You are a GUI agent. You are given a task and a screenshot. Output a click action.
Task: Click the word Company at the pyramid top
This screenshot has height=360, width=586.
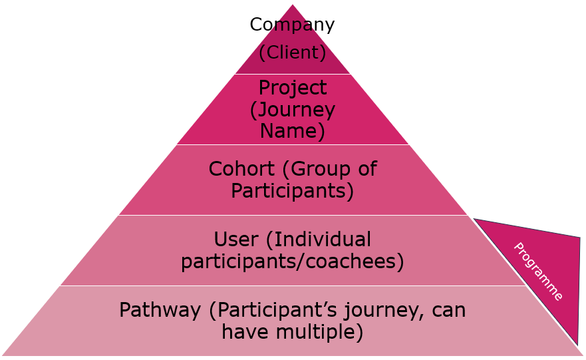[292, 25]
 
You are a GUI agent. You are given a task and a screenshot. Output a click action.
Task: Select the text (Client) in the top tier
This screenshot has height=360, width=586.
[292, 52]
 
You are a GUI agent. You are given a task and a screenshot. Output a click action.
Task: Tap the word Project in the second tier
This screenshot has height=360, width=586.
[292, 88]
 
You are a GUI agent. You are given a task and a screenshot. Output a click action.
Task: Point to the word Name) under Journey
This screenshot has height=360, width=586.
[292, 130]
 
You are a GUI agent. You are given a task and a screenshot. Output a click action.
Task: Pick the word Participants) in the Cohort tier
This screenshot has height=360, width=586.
[292, 190]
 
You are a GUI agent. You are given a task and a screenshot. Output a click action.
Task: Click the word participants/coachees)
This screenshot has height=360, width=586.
[292, 261]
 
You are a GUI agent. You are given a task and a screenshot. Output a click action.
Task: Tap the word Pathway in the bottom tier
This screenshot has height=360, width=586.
[160, 310]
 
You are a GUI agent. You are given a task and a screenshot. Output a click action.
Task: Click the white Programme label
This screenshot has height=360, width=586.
[538, 271]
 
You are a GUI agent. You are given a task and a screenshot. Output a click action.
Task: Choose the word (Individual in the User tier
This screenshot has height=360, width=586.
[323, 239]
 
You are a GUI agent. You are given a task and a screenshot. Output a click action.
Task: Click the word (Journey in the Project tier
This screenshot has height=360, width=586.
[292, 109]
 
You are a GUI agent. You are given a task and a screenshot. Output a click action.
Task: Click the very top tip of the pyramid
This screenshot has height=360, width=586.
[293, 5]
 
